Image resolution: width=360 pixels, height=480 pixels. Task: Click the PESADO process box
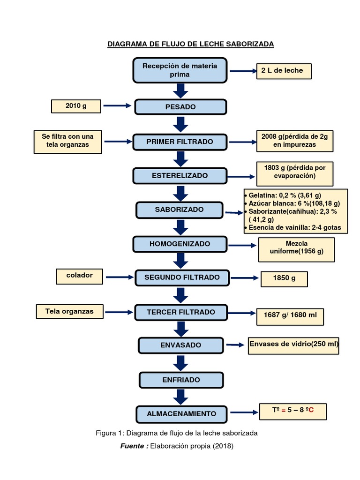click(180, 107)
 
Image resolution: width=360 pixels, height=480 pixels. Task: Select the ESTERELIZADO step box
click(180, 176)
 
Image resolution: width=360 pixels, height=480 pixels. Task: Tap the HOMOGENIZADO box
click(180, 244)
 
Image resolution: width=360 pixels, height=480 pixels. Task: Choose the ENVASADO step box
click(181, 345)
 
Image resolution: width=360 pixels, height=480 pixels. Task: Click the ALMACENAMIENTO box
click(181, 414)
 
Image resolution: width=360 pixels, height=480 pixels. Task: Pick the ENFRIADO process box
click(181, 380)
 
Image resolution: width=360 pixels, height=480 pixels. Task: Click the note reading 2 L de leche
click(284, 71)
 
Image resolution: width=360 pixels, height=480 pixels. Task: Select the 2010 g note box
click(76, 106)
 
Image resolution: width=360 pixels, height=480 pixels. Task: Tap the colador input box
click(79, 277)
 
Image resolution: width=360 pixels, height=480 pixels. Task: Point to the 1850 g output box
click(284, 279)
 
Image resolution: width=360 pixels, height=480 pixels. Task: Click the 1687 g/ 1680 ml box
click(290, 316)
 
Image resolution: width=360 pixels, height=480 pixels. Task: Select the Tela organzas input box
click(69, 311)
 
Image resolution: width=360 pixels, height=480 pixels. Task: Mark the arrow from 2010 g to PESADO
click(117, 105)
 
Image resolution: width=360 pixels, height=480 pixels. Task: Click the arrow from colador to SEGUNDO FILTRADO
click(120, 277)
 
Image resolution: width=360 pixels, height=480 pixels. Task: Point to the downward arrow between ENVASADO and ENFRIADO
click(180, 363)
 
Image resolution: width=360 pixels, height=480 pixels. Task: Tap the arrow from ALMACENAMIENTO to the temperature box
click(244, 412)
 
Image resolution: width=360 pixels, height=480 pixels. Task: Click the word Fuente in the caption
click(132, 446)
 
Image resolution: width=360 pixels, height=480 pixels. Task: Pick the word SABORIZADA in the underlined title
click(250, 44)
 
